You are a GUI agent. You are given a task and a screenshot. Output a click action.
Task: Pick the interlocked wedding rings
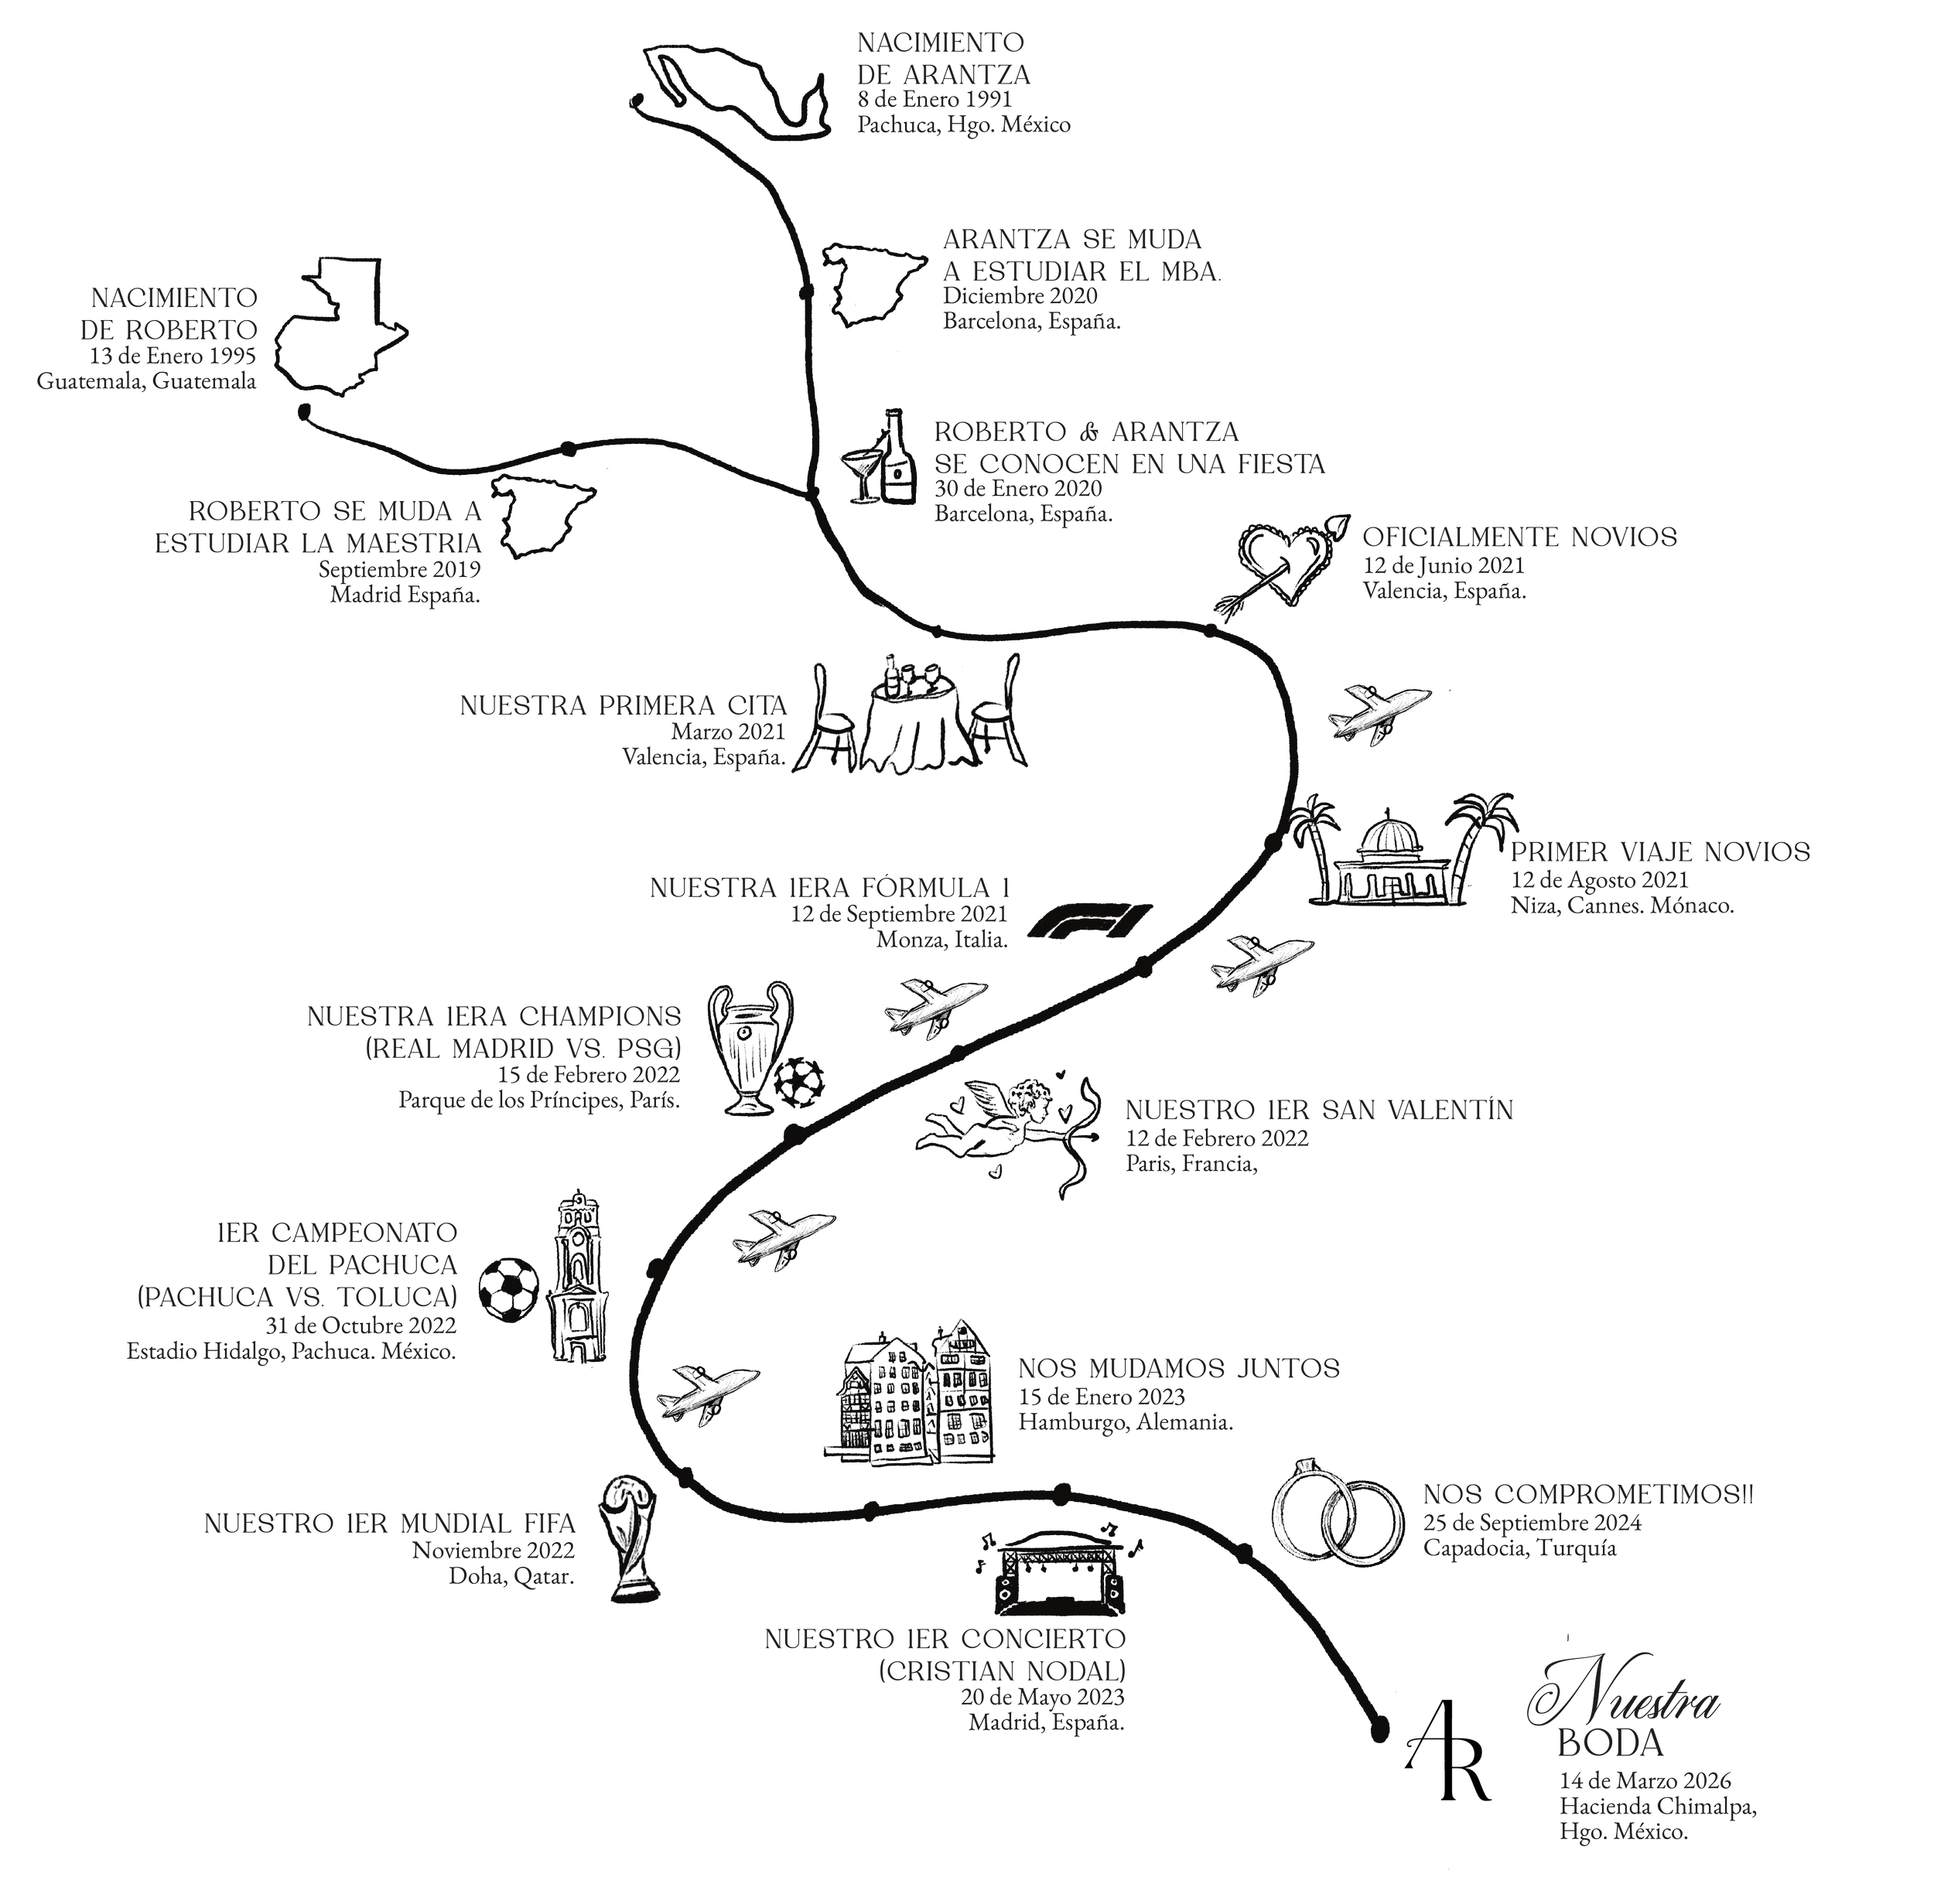point(1335,1510)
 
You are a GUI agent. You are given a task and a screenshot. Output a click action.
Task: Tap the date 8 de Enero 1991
point(935,100)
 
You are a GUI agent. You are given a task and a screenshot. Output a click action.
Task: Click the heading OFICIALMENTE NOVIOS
point(1519,537)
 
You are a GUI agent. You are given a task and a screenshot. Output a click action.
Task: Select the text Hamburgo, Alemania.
point(1125,1423)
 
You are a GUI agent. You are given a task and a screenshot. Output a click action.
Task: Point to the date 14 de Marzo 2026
point(1645,1780)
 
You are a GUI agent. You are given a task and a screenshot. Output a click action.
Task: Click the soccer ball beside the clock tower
point(509,1288)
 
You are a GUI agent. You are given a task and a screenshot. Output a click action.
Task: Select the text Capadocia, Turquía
point(1519,1548)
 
